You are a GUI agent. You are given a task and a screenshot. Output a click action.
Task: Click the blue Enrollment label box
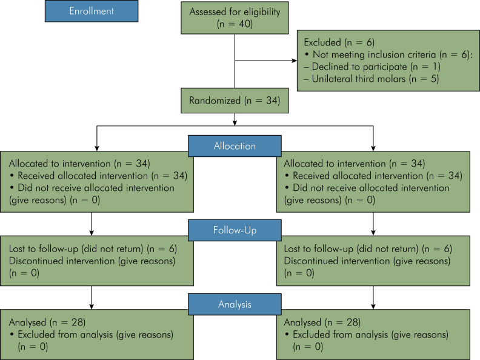click(x=92, y=11)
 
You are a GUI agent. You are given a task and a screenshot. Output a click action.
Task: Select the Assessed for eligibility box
click(x=235, y=18)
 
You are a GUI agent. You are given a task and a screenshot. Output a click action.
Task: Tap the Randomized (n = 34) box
click(x=235, y=101)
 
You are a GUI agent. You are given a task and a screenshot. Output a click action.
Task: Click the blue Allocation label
click(x=235, y=146)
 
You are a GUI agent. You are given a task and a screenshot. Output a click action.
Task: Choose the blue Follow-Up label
click(x=235, y=230)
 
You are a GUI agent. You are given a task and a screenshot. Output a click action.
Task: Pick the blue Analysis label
click(x=235, y=304)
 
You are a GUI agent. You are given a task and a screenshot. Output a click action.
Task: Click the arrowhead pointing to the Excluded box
click(x=295, y=61)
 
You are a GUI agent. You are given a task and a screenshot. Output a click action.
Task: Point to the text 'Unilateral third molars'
click(x=358, y=79)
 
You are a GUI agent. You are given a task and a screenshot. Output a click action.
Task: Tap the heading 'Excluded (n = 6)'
click(x=339, y=42)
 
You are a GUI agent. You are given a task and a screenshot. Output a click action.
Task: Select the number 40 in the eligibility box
click(x=245, y=24)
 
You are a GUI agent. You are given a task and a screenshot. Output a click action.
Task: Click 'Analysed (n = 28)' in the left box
click(x=47, y=322)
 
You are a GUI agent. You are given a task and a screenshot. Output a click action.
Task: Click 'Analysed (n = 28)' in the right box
click(x=322, y=322)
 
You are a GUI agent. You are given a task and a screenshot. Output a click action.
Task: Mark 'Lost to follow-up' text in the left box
click(x=44, y=248)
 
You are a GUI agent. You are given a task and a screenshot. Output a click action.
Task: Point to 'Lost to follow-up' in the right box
click(x=319, y=248)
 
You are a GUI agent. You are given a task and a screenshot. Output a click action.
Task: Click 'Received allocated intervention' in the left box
click(x=82, y=176)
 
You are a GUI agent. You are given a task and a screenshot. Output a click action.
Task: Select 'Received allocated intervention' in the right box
click(x=358, y=176)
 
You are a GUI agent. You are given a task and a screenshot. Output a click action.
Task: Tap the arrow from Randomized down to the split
click(x=235, y=119)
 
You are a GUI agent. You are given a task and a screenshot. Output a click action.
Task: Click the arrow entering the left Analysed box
click(x=92, y=298)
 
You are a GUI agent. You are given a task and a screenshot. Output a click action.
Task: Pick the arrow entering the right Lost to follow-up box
click(x=373, y=224)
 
